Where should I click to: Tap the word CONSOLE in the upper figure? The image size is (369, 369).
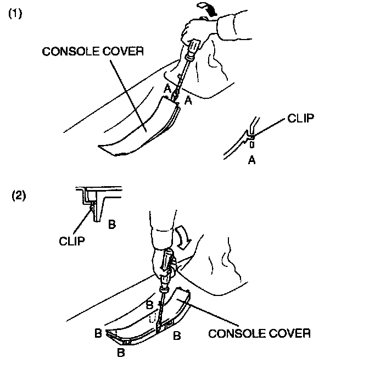point(68,52)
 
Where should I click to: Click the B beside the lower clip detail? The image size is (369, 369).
point(111,224)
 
